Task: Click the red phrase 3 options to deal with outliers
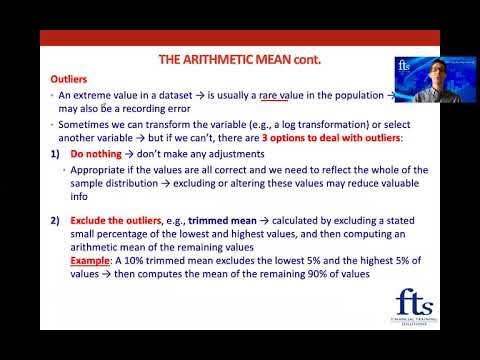coord(349,137)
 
